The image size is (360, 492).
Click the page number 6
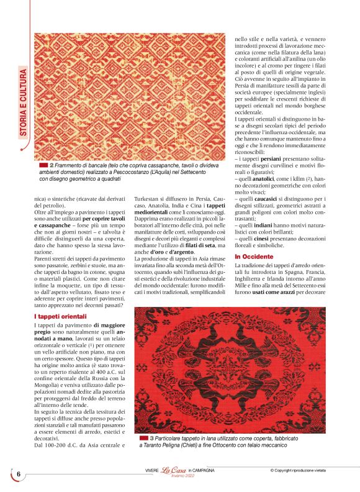(19, 474)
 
